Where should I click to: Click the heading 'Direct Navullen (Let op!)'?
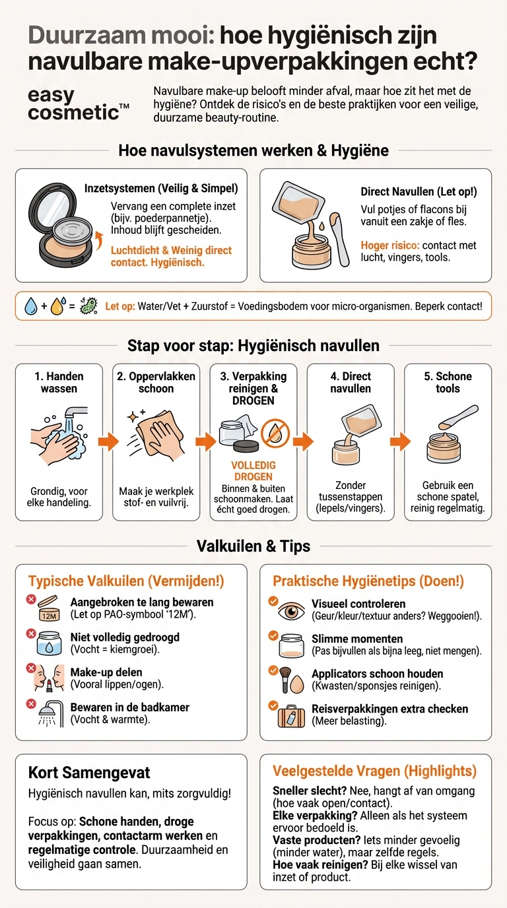pyautogui.click(x=419, y=192)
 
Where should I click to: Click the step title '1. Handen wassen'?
pyautogui.click(x=59, y=383)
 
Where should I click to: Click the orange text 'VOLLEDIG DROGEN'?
pyautogui.click(x=253, y=471)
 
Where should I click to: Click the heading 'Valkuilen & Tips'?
pyautogui.click(x=253, y=546)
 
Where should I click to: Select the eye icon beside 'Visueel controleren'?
pyautogui.click(x=291, y=610)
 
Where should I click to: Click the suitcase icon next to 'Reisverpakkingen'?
pyautogui.click(x=291, y=715)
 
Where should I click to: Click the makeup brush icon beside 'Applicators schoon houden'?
pyautogui.click(x=286, y=680)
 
